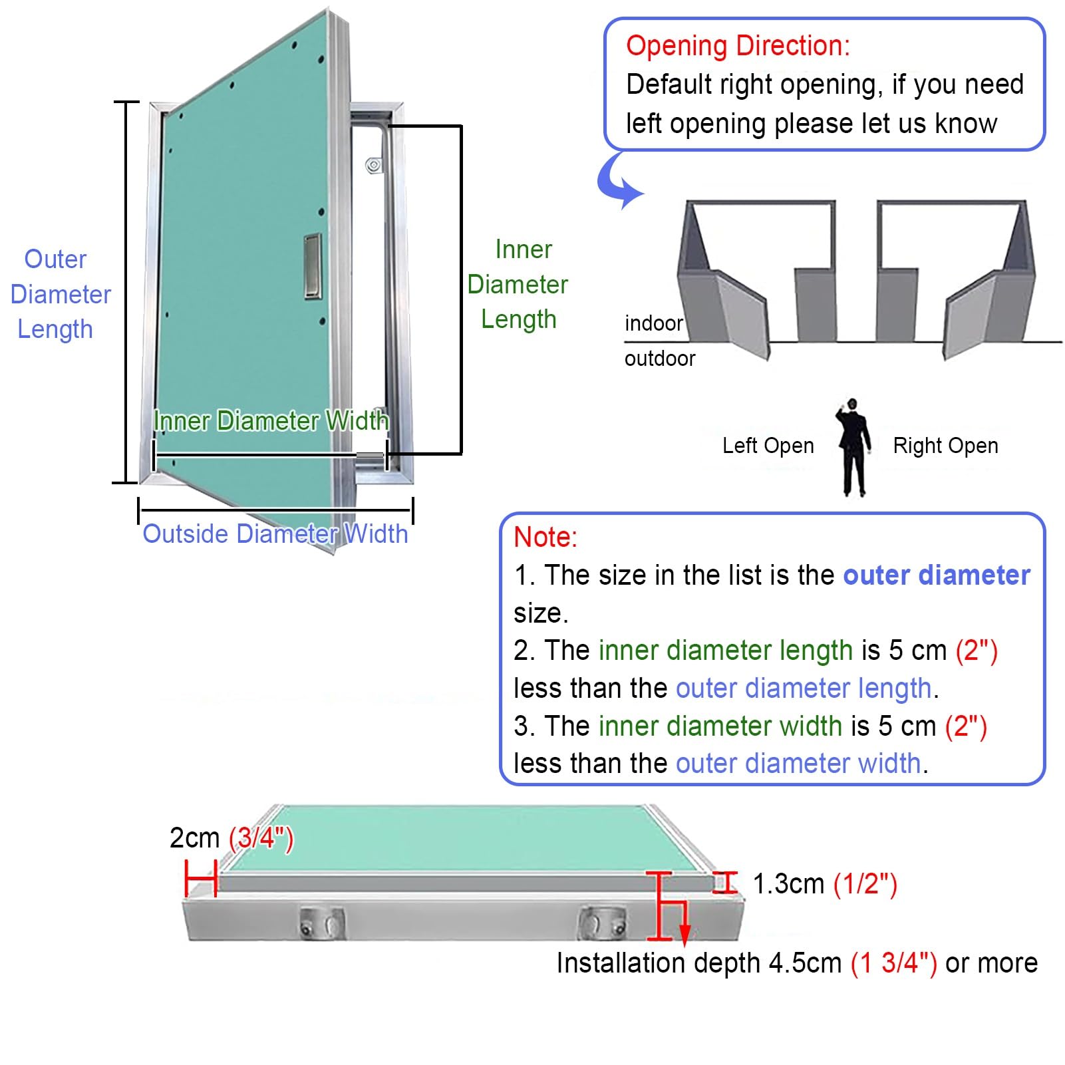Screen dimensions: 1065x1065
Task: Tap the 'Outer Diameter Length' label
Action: [60, 294]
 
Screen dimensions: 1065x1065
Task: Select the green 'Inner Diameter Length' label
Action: [518, 284]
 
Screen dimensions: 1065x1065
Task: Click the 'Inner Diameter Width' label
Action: [271, 420]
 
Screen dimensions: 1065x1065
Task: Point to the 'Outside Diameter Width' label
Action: [275, 533]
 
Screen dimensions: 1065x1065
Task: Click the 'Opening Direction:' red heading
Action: [738, 46]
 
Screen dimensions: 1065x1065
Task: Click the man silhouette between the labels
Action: [853, 447]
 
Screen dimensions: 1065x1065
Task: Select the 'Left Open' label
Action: [768, 446]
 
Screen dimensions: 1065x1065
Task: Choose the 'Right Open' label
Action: [945, 446]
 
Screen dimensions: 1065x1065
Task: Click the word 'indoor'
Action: [653, 323]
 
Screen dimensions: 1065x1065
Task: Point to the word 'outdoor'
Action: [660, 359]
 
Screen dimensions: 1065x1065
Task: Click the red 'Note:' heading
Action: [545, 537]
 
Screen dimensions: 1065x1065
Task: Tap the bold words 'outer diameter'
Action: [937, 575]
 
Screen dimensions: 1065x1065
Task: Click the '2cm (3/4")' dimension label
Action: [231, 837]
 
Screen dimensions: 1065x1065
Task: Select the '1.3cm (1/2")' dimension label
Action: [825, 884]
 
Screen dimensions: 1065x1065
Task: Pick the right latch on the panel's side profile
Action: [601, 922]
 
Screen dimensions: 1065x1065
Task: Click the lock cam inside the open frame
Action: [375, 165]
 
